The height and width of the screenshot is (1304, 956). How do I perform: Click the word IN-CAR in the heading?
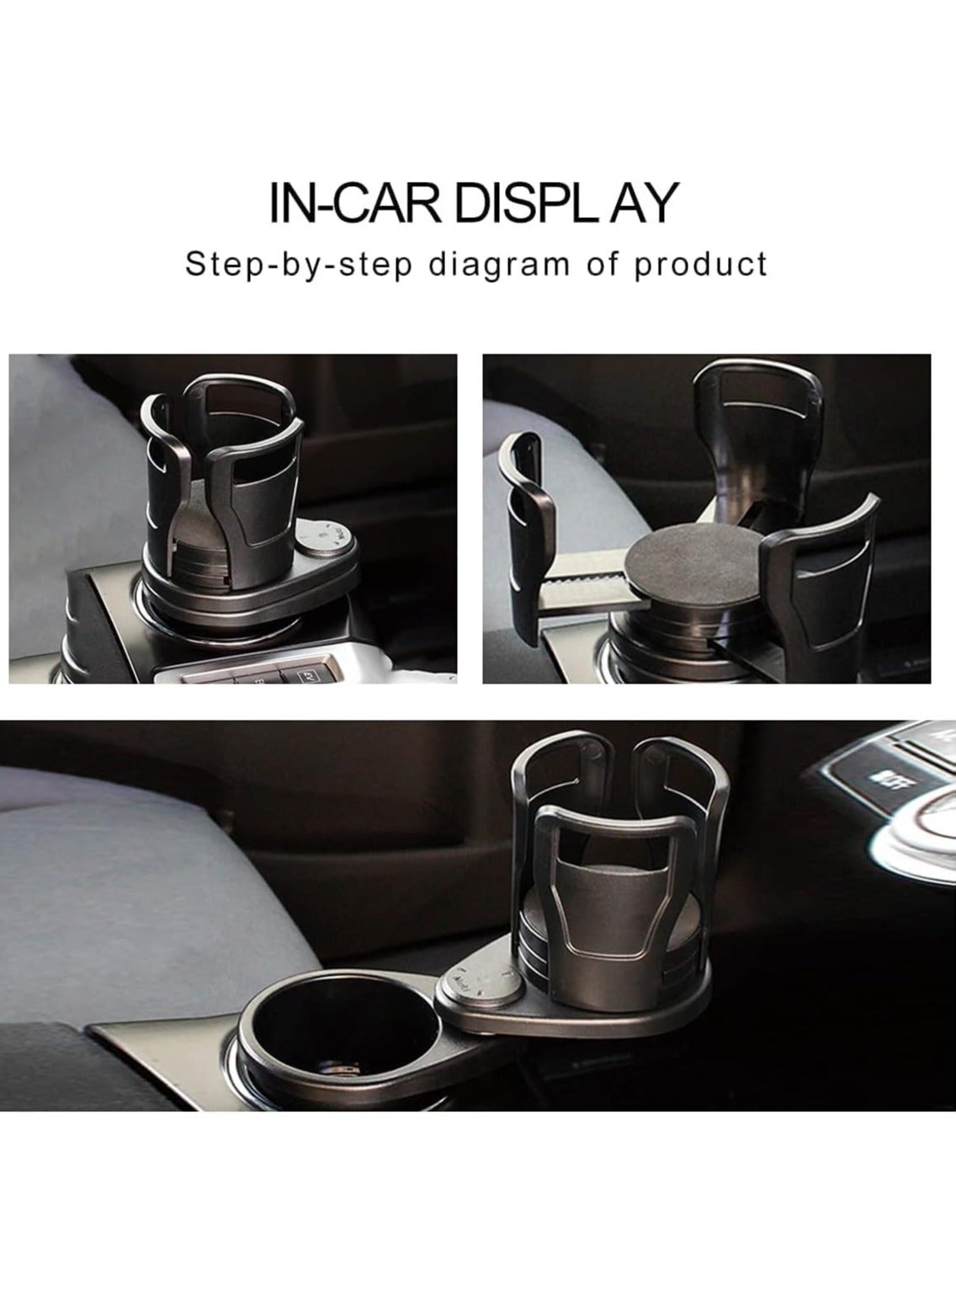(x=355, y=203)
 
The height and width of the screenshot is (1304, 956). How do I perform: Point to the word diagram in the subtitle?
(x=499, y=266)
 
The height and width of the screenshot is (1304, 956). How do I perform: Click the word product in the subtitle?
(x=700, y=266)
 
